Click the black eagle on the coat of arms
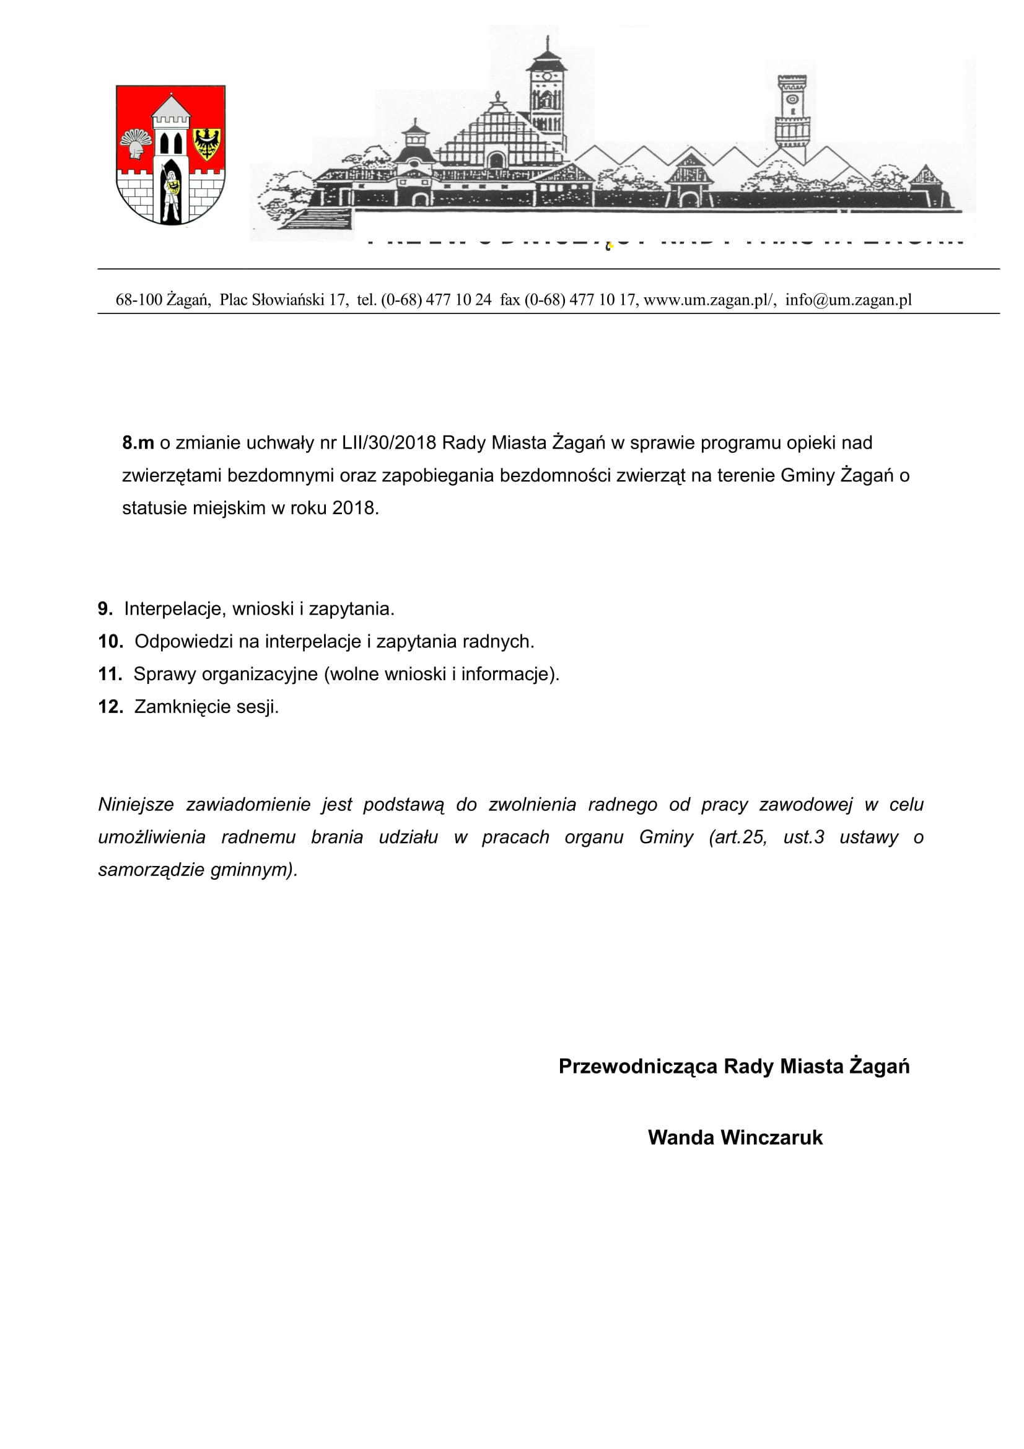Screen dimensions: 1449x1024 pos(206,143)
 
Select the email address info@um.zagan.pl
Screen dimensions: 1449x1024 pos(848,300)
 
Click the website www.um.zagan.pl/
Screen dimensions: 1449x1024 pos(709,300)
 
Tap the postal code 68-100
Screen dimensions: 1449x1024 pos(139,300)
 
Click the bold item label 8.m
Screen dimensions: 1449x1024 pos(138,443)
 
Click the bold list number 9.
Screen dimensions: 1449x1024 pos(105,609)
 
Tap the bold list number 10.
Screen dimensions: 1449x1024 pos(110,642)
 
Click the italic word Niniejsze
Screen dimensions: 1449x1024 pos(136,805)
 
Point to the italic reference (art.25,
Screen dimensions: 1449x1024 pos(738,838)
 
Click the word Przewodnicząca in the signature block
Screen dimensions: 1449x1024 pos(637,1066)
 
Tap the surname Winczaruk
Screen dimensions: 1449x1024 pos(771,1137)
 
